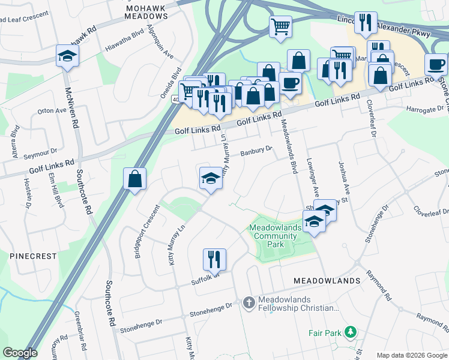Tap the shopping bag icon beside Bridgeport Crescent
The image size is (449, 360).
[134, 179]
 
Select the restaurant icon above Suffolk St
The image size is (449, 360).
[214, 260]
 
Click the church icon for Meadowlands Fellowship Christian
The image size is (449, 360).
[249, 303]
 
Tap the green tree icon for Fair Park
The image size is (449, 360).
[350, 332]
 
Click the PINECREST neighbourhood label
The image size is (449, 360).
[33, 256]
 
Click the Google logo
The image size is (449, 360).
[19, 353]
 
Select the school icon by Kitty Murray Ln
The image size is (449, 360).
[211, 178]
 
